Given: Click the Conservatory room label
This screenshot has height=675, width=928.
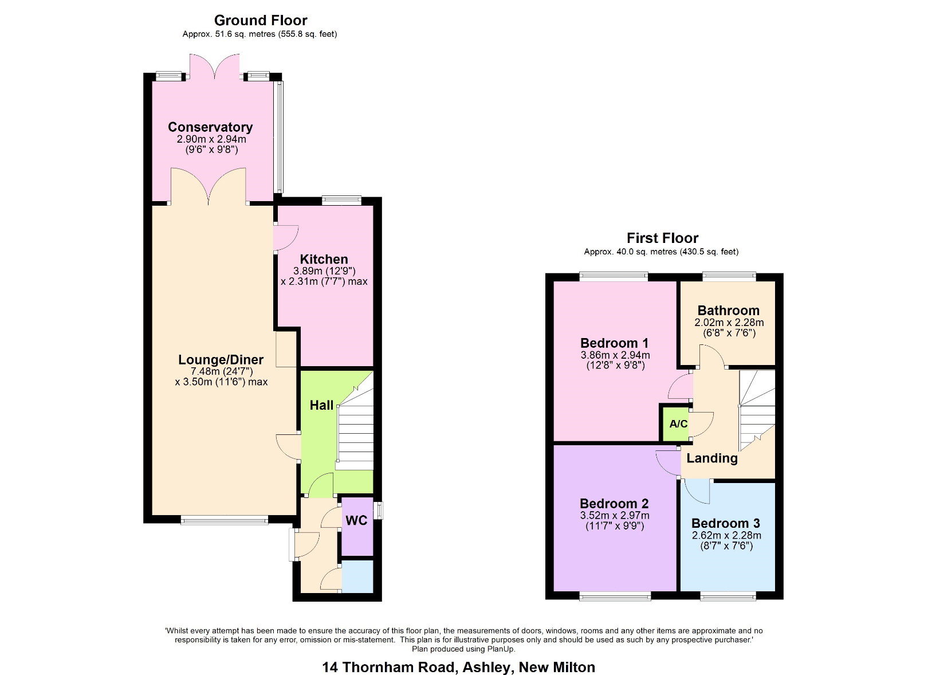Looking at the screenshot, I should tap(210, 127).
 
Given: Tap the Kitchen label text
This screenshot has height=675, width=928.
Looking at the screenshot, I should tap(324, 259).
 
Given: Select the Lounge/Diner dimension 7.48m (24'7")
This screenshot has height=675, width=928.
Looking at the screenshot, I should tap(221, 371).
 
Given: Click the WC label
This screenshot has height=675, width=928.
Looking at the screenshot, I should tap(356, 520).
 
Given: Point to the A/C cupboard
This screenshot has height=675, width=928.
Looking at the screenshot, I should tap(678, 424).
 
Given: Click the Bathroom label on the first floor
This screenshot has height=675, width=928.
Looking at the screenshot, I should tap(728, 311).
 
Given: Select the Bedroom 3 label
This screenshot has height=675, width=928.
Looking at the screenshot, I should tap(725, 523).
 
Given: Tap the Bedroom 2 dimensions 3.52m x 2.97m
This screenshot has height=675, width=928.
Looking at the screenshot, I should tap(614, 516).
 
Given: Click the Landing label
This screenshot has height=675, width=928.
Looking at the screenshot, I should tap(712, 458).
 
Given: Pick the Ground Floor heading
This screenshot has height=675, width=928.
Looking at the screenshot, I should tap(261, 21).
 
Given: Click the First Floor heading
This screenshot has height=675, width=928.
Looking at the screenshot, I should tap(662, 238).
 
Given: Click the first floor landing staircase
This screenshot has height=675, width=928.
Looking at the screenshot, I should tap(757, 410).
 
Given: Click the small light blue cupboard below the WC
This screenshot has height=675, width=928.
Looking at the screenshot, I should tap(357, 576).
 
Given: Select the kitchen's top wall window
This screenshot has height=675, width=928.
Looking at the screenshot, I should tap(341, 200).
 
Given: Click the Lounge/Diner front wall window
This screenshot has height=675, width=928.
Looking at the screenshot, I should tap(225, 520).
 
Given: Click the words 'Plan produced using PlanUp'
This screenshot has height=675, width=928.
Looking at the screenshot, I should tap(463, 649).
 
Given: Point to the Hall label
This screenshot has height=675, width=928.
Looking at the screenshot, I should tap(321, 405).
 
